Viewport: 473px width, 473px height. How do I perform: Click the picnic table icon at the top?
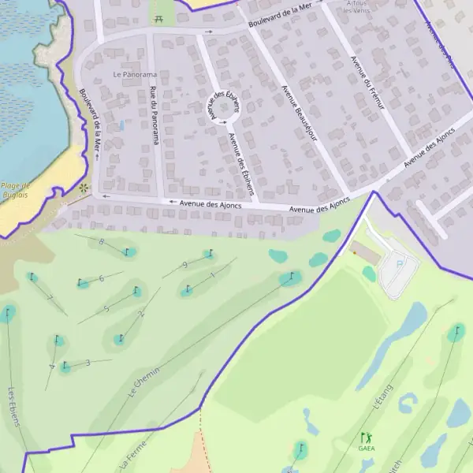click(160, 17)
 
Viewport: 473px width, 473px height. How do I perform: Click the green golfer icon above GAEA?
click(365, 437)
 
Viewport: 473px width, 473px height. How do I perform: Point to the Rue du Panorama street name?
click(154, 115)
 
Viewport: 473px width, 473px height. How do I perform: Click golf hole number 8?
click(101, 242)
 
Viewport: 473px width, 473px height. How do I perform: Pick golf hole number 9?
click(184, 265)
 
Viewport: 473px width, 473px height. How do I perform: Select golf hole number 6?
click(102, 278)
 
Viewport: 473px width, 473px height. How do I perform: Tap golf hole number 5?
click(106, 309)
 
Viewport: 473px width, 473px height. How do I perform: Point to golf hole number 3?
click(88, 363)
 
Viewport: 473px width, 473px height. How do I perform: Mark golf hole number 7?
click(50, 298)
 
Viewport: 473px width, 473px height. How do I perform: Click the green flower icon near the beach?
click(84, 188)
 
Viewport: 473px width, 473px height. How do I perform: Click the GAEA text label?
click(367, 449)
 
